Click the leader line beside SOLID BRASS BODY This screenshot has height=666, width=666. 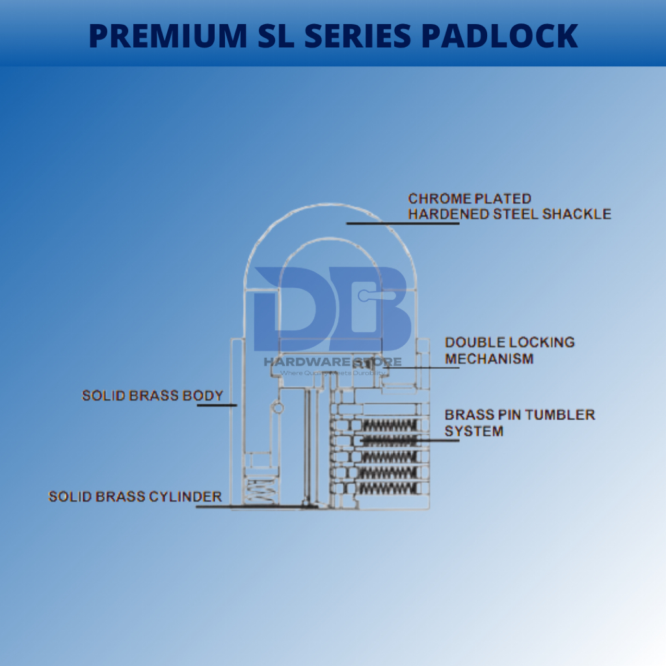[217, 405]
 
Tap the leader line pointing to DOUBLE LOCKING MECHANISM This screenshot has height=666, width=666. [423, 367]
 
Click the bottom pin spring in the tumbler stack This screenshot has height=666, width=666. [387, 487]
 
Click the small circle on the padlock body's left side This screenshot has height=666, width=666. [278, 408]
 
